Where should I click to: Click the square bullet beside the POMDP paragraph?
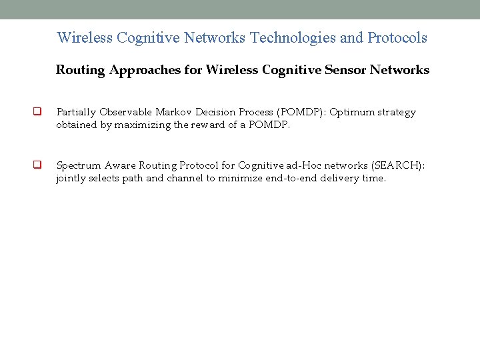point(38,112)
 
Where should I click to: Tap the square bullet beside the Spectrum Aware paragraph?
point(38,165)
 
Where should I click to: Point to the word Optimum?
point(353,112)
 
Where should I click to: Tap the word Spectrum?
point(79,165)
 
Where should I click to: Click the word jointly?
point(71,178)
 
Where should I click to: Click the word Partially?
point(77,112)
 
